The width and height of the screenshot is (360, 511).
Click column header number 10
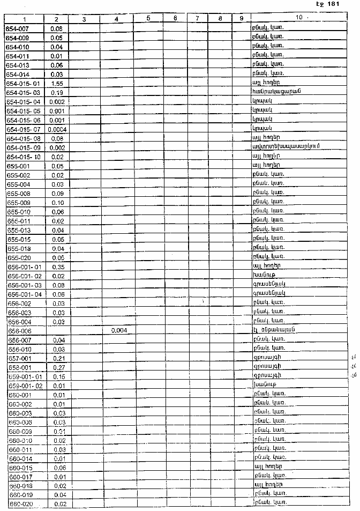click(298, 18)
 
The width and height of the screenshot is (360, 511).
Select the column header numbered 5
click(147, 19)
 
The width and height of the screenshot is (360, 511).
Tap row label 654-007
click(19, 28)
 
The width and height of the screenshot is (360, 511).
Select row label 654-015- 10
click(24, 157)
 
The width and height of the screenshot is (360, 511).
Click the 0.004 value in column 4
click(118, 330)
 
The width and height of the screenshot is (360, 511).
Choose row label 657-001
click(20, 358)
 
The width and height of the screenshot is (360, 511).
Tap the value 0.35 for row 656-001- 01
click(58, 266)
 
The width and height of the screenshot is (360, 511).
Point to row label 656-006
click(20, 331)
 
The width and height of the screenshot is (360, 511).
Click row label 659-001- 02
click(25, 386)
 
